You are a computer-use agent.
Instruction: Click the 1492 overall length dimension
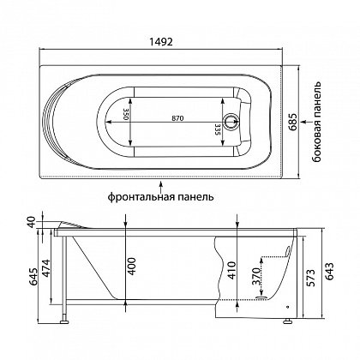coord(161,42)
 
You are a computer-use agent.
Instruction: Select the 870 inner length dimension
coord(177,118)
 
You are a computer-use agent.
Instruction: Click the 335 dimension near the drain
coord(217,129)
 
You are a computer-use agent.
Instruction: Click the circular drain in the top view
coord(231,122)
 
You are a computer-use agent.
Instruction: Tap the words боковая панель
coord(316,123)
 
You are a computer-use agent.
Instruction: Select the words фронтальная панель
coord(161,197)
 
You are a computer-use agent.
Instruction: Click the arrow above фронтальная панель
coord(161,186)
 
